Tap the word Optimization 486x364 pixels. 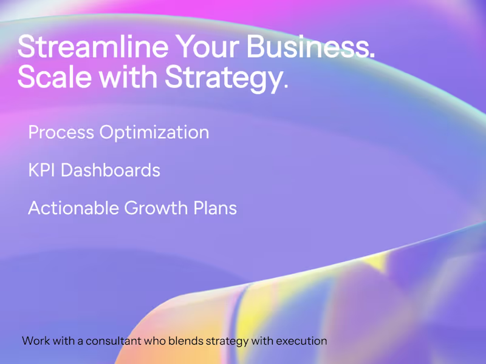[x=154, y=133]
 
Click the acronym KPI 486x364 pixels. [x=42, y=170]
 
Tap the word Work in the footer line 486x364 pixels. [x=35, y=341]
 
